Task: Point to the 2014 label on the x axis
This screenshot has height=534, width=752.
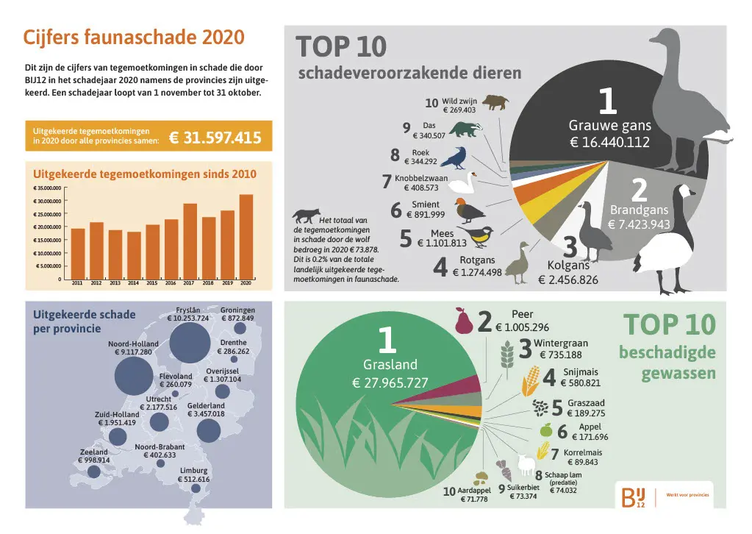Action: click(x=133, y=283)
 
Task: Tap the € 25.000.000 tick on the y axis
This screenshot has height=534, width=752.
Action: click(x=47, y=214)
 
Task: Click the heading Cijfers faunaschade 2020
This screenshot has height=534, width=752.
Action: click(x=134, y=38)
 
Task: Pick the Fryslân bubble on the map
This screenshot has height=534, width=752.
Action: click(x=189, y=343)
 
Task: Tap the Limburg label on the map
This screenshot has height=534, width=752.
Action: click(x=193, y=471)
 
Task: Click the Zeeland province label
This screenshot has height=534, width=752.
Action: click(x=94, y=452)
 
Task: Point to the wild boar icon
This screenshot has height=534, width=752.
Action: click(x=495, y=102)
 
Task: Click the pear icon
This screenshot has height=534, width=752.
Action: click(x=462, y=321)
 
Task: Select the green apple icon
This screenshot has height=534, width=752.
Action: click(x=545, y=430)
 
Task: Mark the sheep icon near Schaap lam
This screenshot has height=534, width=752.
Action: click(x=526, y=463)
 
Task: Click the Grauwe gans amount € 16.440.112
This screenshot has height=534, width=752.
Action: click(x=609, y=142)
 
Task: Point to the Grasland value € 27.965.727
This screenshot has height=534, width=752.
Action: click(x=390, y=382)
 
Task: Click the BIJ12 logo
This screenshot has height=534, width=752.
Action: click(x=633, y=496)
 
